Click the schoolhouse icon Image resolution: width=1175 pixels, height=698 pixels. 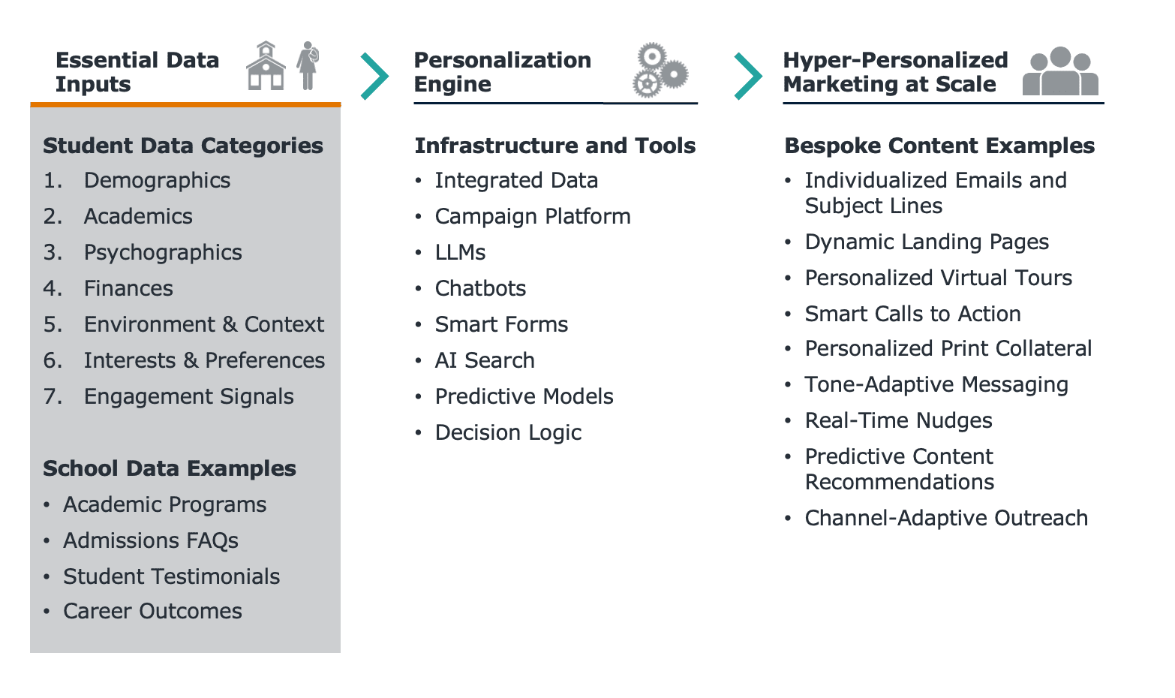(266, 66)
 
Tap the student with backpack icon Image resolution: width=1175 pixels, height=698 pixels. (308, 65)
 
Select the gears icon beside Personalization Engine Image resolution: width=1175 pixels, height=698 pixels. (660, 71)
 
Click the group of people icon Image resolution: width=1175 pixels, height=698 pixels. (1060, 71)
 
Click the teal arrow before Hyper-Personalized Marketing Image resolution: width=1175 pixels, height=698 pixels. (748, 76)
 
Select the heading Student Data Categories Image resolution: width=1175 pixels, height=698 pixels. (182, 146)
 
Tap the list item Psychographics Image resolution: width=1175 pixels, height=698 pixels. (163, 253)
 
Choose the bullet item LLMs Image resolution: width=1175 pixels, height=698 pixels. (460, 252)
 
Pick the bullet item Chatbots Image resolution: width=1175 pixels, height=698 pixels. (480, 289)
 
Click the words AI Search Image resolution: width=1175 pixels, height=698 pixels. (485, 360)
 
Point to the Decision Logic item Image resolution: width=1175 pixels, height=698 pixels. (508, 433)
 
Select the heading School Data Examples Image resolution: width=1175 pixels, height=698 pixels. (170, 468)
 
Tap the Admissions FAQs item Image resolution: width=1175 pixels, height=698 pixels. (151, 540)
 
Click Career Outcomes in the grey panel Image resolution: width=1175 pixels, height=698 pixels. (152, 612)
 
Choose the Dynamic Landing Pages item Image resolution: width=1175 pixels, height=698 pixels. (927, 242)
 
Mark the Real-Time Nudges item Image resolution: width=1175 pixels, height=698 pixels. (898, 421)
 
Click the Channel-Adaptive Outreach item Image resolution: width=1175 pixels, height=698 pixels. (945, 519)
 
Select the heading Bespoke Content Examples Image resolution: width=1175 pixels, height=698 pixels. (939, 146)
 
